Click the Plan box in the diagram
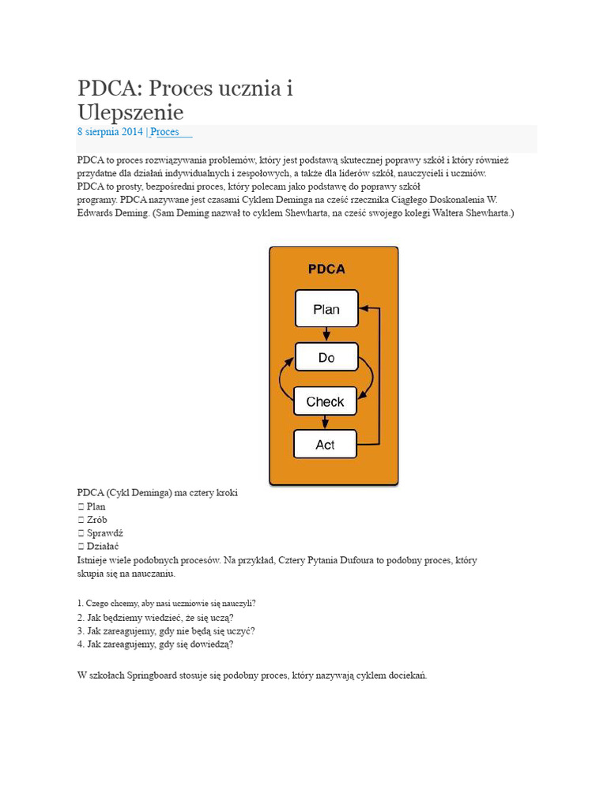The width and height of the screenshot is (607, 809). [326, 309]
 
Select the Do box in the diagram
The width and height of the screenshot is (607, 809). [326, 358]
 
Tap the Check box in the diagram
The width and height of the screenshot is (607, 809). [325, 401]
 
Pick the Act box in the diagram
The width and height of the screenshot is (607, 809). [325, 445]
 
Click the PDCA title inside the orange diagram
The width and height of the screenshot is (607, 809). [326, 269]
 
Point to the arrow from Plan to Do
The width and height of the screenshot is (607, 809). [326, 334]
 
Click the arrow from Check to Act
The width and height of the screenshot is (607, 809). [326, 422]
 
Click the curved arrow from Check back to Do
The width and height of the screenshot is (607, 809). [282, 379]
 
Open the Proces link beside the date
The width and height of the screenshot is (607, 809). [165, 132]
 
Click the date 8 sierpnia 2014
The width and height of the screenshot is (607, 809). [110, 132]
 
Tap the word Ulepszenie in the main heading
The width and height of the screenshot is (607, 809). [130, 111]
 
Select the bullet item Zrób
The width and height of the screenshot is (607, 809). [97, 520]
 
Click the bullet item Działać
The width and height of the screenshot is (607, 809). [103, 546]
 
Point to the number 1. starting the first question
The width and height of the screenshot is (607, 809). [81, 603]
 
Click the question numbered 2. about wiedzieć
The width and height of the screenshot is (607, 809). [155, 617]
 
